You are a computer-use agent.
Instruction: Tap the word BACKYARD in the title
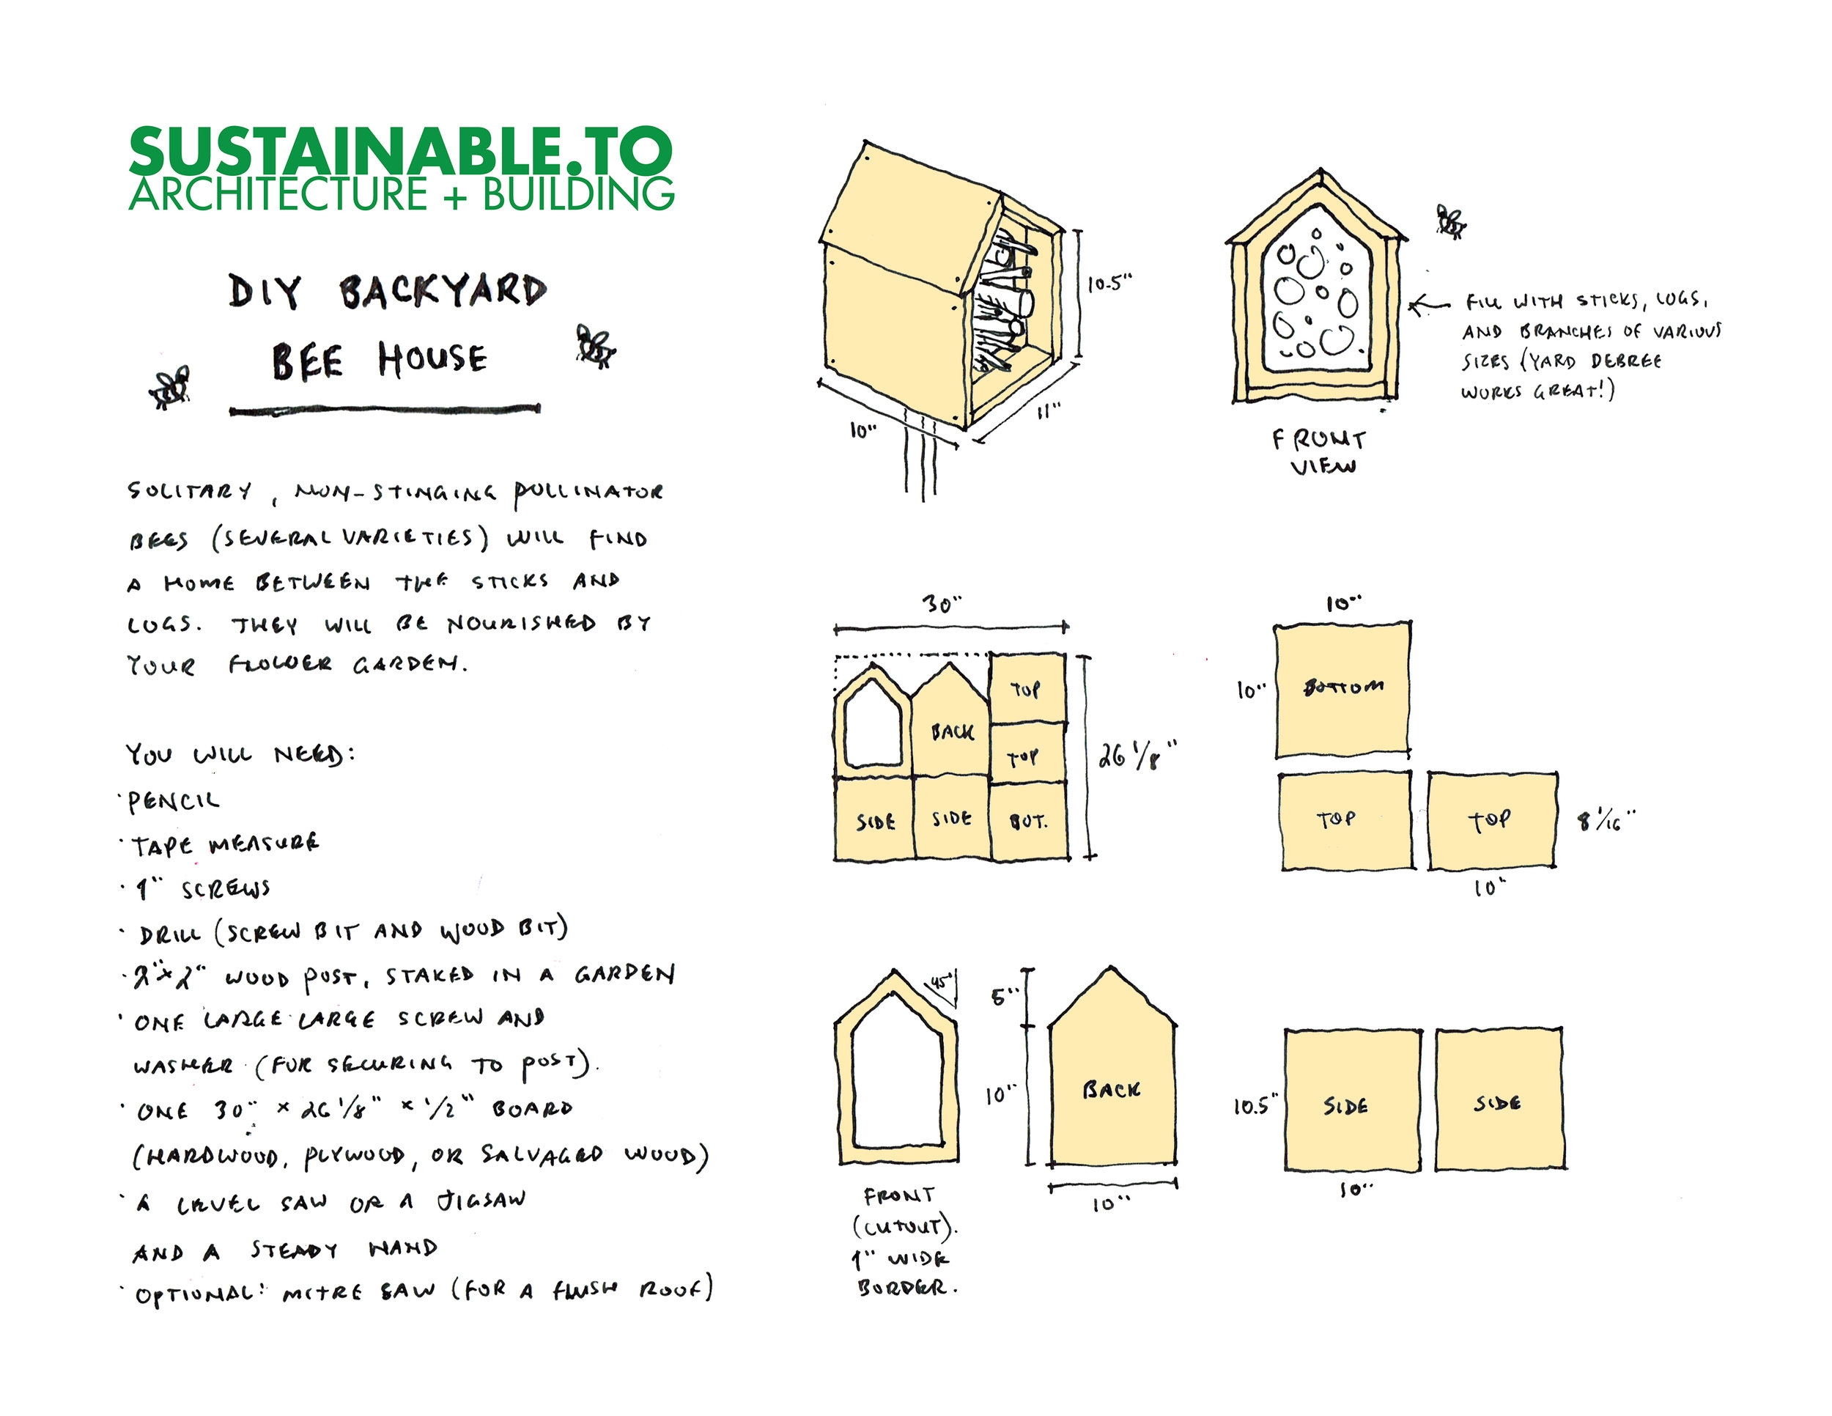(x=443, y=291)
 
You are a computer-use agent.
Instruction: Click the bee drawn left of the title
(x=170, y=388)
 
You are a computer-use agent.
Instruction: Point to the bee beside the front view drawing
(x=1450, y=221)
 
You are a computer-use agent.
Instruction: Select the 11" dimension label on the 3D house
(x=1049, y=410)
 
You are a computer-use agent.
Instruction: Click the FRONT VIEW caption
(x=1320, y=452)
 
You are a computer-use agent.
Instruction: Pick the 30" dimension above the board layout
(x=942, y=604)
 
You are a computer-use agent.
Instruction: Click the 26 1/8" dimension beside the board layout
(x=1137, y=754)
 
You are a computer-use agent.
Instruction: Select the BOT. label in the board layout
(x=1028, y=822)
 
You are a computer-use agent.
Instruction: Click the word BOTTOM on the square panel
(x=1343, y=687)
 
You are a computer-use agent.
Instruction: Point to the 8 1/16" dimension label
(x=1606, y=819)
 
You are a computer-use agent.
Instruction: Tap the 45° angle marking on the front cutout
(x=940, y=979)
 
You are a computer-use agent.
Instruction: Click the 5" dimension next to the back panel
(x=1004, y=997)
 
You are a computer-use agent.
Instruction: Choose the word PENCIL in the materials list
(x=173, y=802)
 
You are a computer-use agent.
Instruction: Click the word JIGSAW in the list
(x=481, y=1201)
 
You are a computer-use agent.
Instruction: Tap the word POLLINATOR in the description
(x=588, y=492)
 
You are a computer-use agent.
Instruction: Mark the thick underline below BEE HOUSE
(x=385, y=410)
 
